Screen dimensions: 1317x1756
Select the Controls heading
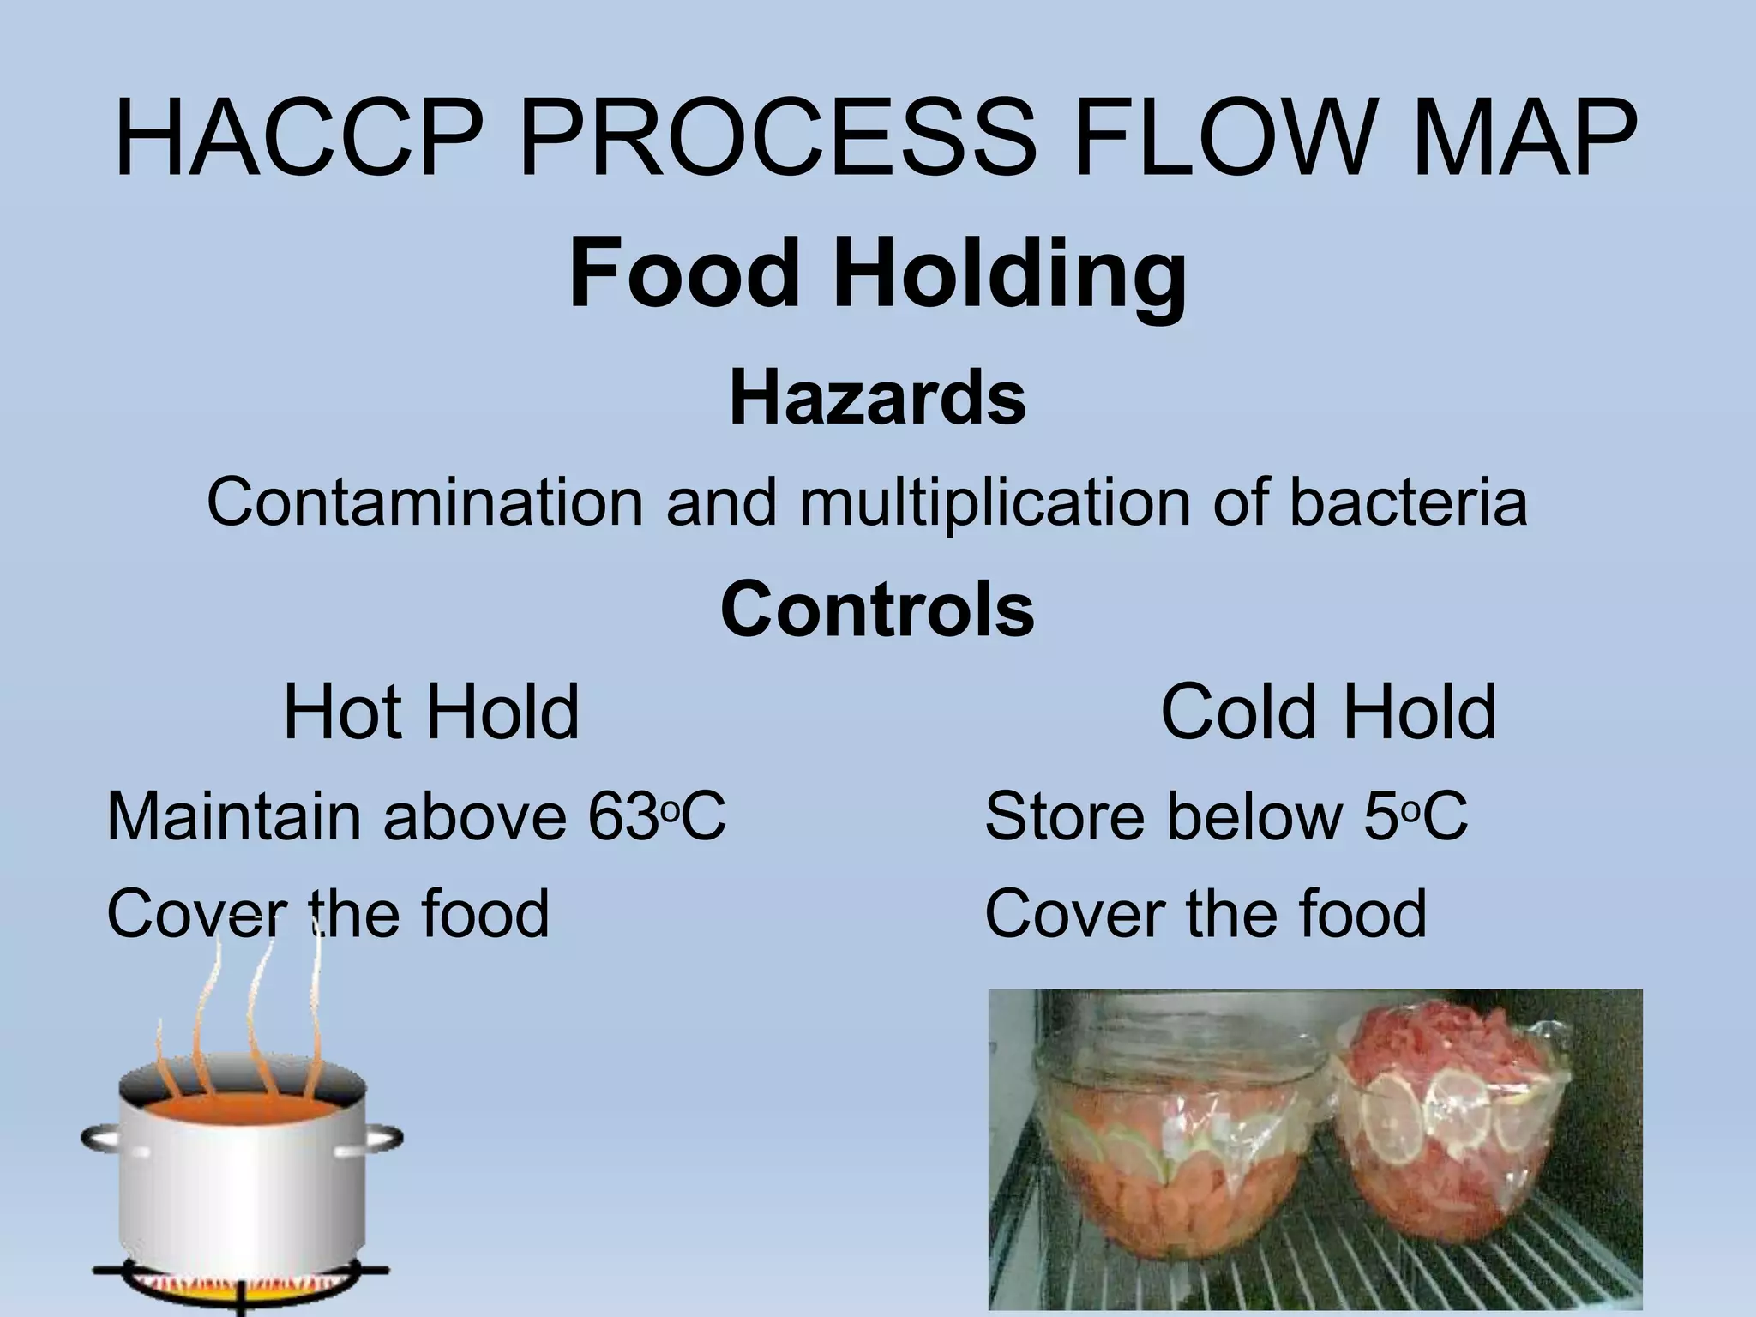point(877,609)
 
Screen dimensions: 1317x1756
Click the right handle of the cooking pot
point(382,1140)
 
